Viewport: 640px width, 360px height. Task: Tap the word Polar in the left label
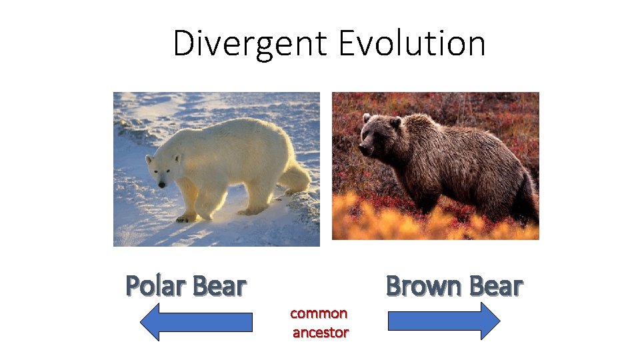tap(155, 286)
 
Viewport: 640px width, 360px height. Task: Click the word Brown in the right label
tap(425, 286)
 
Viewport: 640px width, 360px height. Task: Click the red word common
tap(319, 313)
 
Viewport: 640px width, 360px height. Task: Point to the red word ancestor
tap(320, 332)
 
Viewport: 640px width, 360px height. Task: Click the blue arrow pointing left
tap(196, 322)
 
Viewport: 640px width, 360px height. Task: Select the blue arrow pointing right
tap(444, 321)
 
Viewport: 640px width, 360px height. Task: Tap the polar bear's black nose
tap(161, 184)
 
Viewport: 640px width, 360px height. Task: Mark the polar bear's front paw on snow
tap(186, 217)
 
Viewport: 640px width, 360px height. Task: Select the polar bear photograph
tap(216, 169)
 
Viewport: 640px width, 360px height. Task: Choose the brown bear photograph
tap(435, 165)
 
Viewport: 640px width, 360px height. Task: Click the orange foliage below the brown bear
tap(400, 220)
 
